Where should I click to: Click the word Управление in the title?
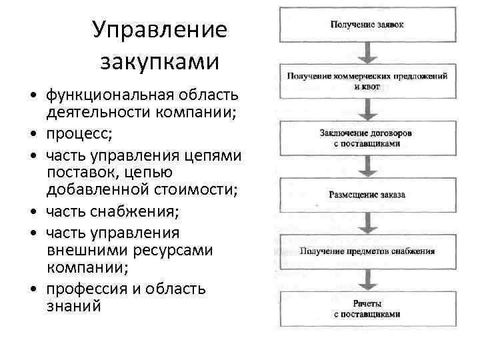159,31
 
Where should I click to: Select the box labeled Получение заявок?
367,25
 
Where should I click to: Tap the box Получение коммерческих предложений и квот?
367,81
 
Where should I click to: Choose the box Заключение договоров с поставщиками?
367,138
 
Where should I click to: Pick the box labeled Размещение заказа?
367,195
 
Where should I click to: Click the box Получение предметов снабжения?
367,251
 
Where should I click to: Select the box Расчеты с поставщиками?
367,308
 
